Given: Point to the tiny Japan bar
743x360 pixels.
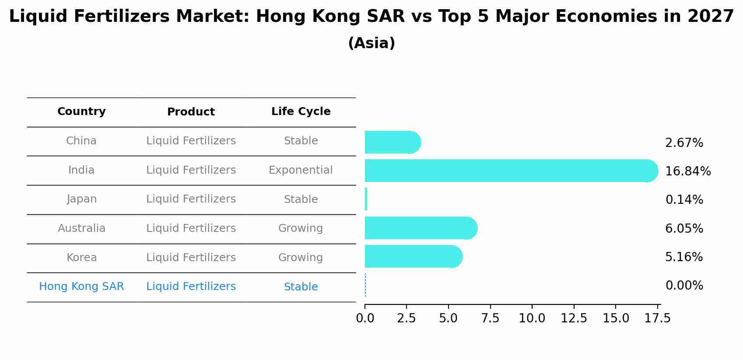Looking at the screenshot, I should click(x=366, y=199).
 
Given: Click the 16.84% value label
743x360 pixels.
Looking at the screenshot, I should click(x=688, y=171).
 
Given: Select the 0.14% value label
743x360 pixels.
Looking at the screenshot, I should click(x=684, y=200).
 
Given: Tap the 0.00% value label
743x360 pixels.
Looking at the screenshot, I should click(x=684, y=286).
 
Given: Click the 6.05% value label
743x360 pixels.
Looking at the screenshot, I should click(x=684, y=228).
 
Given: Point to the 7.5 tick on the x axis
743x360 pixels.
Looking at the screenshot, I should click(x=490, y=318).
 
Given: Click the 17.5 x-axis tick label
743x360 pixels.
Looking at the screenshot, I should click(x=658, y=318).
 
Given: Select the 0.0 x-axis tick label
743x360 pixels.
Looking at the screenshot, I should click(x=365, y=318).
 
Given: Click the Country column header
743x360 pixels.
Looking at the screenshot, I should click(x=81, y=112).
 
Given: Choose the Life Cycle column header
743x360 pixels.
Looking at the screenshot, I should click(x=301, y=112).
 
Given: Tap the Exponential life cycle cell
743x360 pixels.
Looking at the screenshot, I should click(x=301, y=170).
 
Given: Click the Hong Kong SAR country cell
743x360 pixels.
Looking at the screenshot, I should click(x=81, y=287).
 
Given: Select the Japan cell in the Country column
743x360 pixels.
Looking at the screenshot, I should click(x=81, y=199).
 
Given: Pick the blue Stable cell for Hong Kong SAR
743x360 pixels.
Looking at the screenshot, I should click(x=301, y=287).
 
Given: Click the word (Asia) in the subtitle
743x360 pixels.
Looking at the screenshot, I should click(x=371, y=43).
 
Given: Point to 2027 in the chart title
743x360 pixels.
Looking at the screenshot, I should click(x=710, y=17).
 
